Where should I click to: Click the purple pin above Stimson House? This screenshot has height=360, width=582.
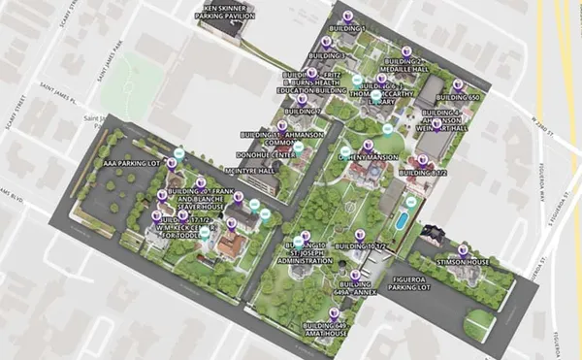click(x=463, y=248)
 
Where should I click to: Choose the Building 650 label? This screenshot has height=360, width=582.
click(x=461, y=98)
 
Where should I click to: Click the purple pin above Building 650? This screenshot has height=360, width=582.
click(x=458, y=84)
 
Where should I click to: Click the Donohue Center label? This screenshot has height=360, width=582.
click(x=271, y=154)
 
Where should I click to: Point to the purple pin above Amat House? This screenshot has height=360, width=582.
click(x=335, y=313)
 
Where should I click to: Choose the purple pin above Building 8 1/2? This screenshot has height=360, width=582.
click(x=422, y=160)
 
